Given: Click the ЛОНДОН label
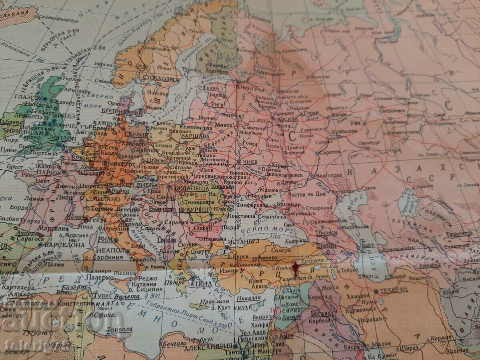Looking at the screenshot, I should coord(62,138).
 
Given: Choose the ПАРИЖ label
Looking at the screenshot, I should coord(48,173).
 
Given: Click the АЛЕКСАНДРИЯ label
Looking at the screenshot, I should coord(210,346).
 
